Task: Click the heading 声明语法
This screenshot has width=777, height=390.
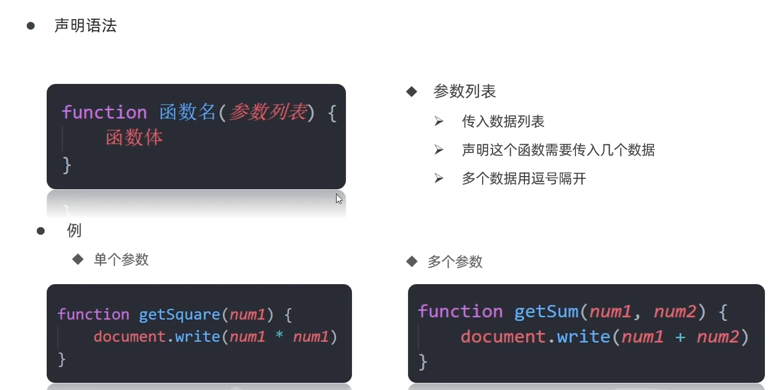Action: point(85,26)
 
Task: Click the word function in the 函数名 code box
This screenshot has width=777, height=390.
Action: point(104,112)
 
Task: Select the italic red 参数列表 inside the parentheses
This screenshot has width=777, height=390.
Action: point(267,112)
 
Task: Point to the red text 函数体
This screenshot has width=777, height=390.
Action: point(135,138)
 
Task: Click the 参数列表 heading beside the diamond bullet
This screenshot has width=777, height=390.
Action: point(465,92)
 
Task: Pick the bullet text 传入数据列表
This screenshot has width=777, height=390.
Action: point(503,122)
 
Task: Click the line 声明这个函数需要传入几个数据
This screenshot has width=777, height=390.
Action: point(558,150)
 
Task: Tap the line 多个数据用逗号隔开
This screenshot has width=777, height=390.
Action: point(524,179)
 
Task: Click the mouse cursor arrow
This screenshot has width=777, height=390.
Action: point(339,198)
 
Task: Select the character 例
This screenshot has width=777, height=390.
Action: point(74,231)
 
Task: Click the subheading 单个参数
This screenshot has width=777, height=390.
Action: point(121,260)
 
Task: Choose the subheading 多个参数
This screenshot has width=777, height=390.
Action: point(455,262)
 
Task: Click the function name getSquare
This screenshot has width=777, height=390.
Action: point(179,315)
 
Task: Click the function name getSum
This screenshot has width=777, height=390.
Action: point(546,312)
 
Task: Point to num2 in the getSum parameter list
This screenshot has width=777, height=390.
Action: point(675,312)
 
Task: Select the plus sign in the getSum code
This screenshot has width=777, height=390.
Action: point(680,337)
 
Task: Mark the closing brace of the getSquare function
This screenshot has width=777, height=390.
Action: point(62,359)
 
